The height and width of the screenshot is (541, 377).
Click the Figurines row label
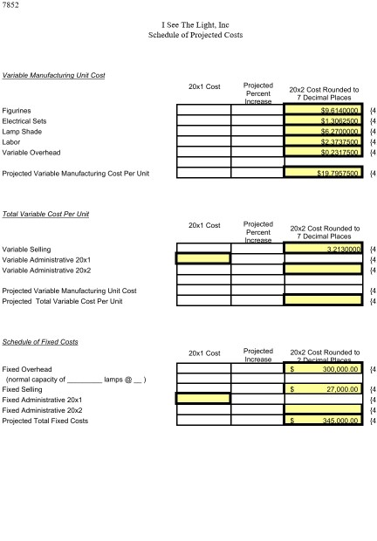(20, 111)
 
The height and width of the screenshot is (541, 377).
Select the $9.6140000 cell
(324, 111)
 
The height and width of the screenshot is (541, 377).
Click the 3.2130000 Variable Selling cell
(324, 249)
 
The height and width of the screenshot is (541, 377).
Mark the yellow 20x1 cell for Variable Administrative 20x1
(203, 258)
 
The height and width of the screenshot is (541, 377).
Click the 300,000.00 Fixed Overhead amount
(324, 369)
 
